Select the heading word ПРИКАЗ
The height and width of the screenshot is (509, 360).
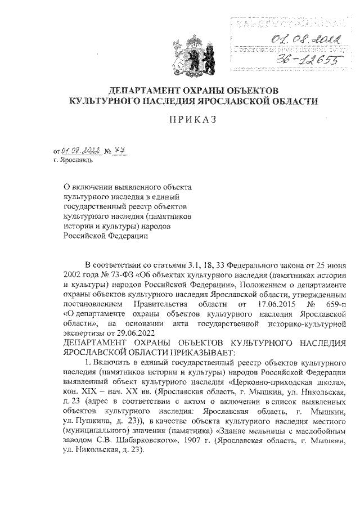pyautogui.click(x=193, y=119)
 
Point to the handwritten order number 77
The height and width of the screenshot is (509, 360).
pyautogui.click(x=118, y=150)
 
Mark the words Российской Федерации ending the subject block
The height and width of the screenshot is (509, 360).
pyautogui.click(x=105, y=237)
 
